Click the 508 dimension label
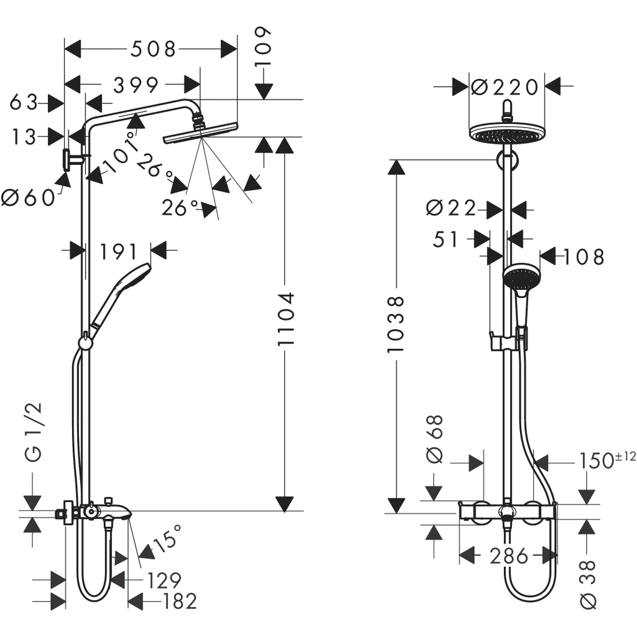tap(152, 49)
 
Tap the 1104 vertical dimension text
tap(285, 319)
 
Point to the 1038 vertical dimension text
tap(395, 324)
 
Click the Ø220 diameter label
tap(504, 88)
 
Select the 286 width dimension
tap(508, 556)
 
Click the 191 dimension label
tap(119, 251)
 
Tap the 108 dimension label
tap(582, 256)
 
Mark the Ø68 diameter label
tap(435, 439)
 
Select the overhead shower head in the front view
tap(506, 132)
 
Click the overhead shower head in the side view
tap(200, 131)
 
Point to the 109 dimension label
tap(263, 48)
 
